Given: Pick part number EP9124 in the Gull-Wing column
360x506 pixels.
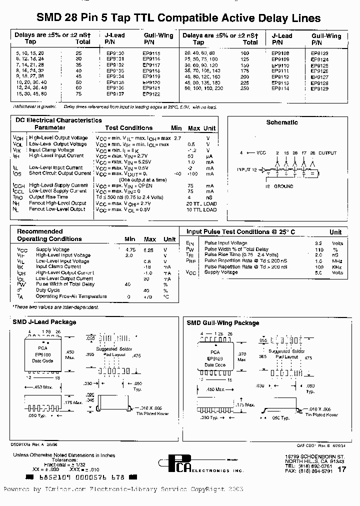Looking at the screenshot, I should (x=319, y=59).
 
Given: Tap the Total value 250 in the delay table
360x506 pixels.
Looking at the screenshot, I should (x=245, y=88).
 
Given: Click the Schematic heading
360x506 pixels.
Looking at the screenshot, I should (x=282, y=122).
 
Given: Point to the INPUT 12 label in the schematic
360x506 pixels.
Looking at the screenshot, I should (x=247, y=170).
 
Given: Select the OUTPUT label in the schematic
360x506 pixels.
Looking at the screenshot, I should (x=328, y=153).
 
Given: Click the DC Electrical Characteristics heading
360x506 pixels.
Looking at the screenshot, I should (x=58, y=120).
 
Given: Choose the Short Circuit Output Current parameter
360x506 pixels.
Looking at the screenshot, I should (x=60, y=173).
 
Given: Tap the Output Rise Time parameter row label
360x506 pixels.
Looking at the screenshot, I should (x=48, y=197).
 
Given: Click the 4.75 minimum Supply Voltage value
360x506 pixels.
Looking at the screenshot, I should (x=130, y=249).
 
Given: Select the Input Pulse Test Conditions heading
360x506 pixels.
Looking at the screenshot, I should (x=240, y=232).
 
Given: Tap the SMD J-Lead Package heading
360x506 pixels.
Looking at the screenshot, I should (x=44, y=322).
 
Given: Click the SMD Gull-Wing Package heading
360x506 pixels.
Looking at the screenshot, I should (x=223, y=323).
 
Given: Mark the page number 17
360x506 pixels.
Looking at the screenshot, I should (x=341, y=469).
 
